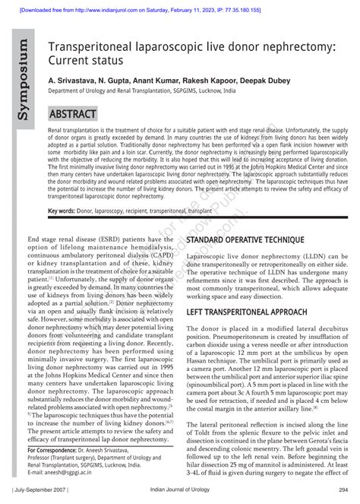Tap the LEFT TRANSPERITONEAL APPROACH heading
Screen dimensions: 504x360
pyautogui.click(x=247, y=312)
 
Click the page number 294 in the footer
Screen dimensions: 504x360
pyautogui.click(x=343, y=490)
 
